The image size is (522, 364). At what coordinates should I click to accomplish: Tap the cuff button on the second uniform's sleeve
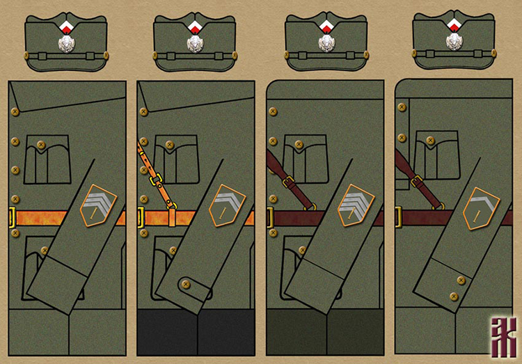click(x=186, y=283)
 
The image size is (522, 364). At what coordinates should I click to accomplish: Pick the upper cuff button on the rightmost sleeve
click(x=459, y=279)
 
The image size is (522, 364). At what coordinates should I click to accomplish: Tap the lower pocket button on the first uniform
click(x=43, y=250)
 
